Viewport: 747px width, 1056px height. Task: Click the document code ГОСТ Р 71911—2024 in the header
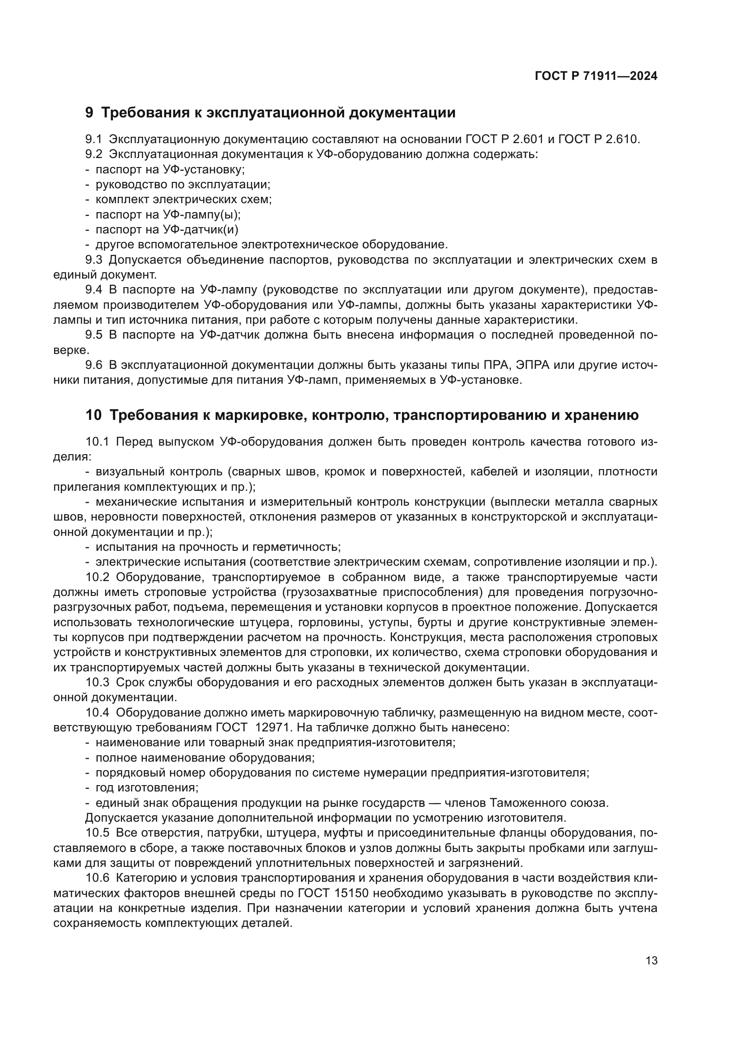click(596, 76)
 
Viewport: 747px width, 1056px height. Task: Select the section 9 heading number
click(89, 113)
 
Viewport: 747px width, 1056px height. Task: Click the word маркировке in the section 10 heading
click(259, 415)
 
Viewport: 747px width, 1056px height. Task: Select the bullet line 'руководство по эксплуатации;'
click(182, 185)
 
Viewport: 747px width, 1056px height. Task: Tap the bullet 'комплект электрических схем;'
click(183, 199)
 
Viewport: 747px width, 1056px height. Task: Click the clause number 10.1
click(97, 442)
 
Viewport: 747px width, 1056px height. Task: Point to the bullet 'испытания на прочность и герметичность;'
click(218, 547)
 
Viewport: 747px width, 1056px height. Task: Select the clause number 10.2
click(97, 577)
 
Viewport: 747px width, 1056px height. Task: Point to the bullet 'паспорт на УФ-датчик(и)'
click(167, 229)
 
